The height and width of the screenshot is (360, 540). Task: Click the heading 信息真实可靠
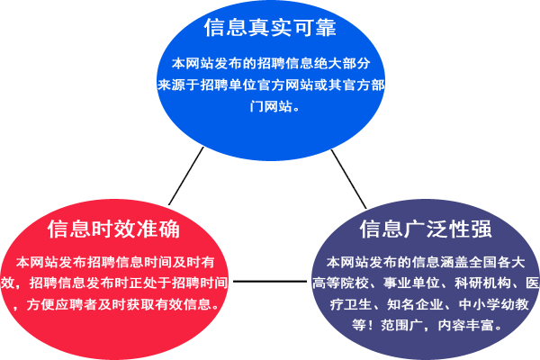270,28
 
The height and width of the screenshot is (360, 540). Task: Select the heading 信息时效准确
113,229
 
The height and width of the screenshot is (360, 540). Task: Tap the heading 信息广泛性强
426,229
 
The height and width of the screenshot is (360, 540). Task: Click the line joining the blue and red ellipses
186,175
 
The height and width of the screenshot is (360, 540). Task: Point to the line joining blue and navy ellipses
348,179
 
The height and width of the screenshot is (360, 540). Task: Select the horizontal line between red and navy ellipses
270,282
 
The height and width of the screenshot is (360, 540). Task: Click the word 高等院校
340,283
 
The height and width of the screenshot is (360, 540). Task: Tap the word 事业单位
411,283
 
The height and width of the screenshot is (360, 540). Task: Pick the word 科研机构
482,283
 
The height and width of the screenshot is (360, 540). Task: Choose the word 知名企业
415,304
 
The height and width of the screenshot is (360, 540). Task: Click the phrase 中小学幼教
493,304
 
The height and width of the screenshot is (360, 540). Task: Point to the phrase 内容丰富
465,325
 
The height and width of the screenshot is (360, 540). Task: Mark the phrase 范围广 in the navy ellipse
401,325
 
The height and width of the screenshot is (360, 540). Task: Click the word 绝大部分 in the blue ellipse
342,63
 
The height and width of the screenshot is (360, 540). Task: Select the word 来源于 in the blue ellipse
178,85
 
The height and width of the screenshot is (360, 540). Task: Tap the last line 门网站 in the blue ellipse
271,106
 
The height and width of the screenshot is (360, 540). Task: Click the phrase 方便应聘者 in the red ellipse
62,304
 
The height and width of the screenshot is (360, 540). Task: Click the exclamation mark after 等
373,325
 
